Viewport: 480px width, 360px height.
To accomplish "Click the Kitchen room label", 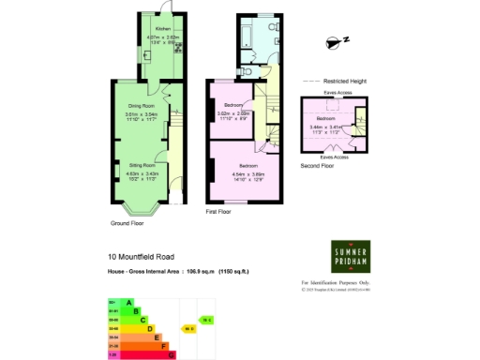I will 163,29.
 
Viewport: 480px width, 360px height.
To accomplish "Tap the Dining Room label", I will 142,106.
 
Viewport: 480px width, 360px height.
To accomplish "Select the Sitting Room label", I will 142,164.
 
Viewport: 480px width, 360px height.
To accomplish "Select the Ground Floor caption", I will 127,223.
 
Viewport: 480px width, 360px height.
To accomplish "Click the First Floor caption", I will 218,212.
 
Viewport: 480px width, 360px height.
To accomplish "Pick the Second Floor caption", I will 317,166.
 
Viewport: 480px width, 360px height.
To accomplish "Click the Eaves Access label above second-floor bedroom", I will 337,94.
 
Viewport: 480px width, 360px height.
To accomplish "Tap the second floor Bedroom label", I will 326,119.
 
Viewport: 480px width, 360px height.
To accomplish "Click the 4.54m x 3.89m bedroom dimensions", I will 249,173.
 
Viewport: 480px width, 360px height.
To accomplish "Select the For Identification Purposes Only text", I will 337,282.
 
